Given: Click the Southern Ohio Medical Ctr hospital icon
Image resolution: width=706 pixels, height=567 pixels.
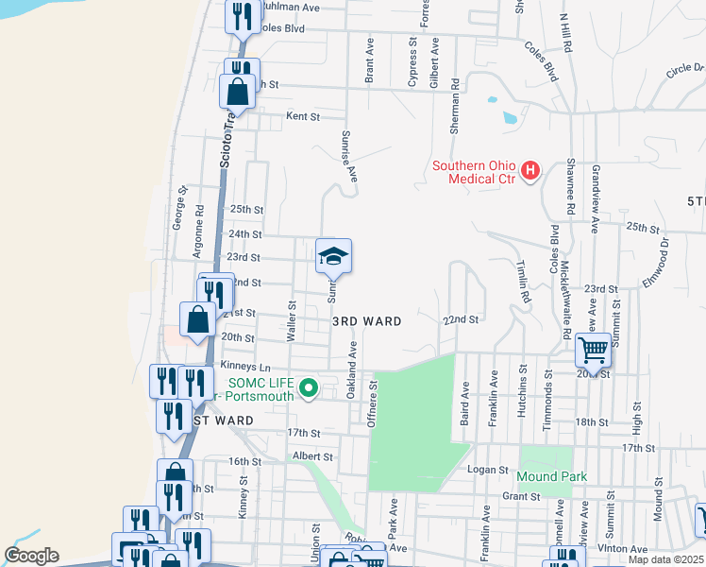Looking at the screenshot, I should tap(530, 171).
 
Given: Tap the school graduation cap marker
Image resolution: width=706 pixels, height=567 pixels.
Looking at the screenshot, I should tap(333, 256).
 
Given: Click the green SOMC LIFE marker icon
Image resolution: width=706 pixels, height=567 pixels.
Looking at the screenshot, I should tap(307, 387).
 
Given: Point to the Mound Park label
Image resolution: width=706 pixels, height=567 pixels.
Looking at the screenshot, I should tap(551, 476).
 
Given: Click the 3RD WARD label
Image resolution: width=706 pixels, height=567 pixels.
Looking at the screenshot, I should tap(367, 321).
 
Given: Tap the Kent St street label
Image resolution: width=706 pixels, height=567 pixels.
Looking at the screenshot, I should tap(303, 116).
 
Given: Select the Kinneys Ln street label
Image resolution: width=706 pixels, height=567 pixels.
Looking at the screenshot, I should tap(244, 365).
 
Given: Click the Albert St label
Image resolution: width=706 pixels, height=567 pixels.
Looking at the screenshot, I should tap(312, 455).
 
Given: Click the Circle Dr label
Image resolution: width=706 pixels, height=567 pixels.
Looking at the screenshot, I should tap(684, 69).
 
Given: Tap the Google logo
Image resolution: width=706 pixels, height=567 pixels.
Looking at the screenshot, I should tap(31, 555).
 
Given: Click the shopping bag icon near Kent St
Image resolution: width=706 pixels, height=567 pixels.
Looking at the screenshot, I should tap(236, 93).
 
